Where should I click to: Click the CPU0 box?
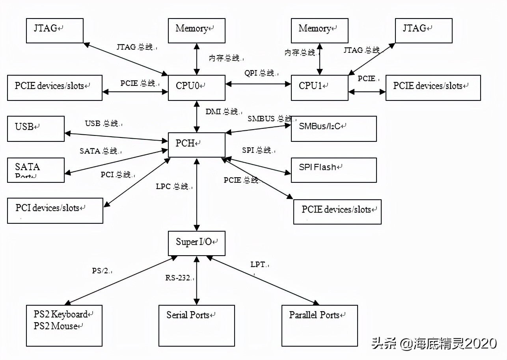click(196, 87)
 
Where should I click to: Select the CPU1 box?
click(319, 87)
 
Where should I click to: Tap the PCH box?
click(196, 145)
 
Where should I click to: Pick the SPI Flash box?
click(334, 170)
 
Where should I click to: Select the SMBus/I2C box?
click(334, 128)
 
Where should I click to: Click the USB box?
click(36, 128)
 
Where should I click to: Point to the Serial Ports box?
click(196, 325)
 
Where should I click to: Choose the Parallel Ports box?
click(319, 325)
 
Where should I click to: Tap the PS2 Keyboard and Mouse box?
click(64, 325)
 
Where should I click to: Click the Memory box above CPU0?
click(196, 30)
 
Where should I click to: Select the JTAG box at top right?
click(423, 30)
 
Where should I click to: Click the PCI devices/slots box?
click(55, 210)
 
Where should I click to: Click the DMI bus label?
click(222, 111)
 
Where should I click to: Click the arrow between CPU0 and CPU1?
click(258, 84)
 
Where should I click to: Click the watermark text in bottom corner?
click(434, 343)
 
